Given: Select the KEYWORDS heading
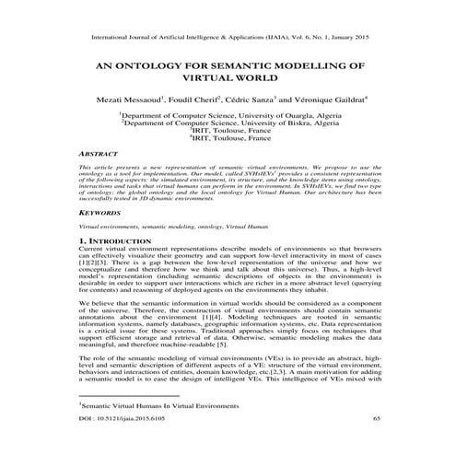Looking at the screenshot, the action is point(100,238).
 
